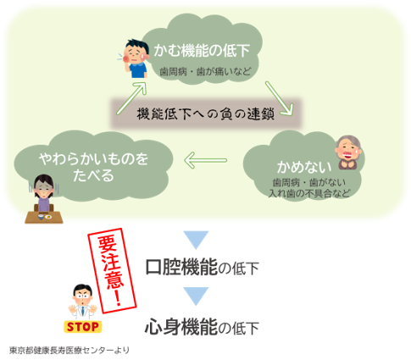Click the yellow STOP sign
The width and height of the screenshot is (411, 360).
coord(82,327)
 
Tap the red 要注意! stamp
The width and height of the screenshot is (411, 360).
coord(112,270)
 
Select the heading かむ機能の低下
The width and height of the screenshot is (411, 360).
coord(202,51)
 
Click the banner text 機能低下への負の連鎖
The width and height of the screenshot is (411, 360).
coord(206,114)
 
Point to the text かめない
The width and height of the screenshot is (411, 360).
coord(304,167)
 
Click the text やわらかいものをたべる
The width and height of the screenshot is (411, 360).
coord(93,167)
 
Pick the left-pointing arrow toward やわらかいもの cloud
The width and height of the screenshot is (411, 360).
coord(205,160)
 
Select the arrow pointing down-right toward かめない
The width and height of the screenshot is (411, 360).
coord(280,98)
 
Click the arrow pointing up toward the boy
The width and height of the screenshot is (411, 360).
coord(131,98)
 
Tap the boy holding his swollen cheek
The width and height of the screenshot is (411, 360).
coord(135,58)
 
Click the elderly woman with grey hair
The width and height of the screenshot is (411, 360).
coord(347,152)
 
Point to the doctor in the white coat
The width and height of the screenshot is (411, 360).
coord(83,302)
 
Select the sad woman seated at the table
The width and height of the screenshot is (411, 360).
coord(44,199)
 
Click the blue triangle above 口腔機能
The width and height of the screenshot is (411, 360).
coord(196,240)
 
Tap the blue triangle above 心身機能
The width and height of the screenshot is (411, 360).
coord(196,296)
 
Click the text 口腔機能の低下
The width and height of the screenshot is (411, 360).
coord(202,267)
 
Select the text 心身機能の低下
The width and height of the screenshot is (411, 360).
coord(202,326)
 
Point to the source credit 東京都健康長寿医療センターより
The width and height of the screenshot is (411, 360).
coord(69,351)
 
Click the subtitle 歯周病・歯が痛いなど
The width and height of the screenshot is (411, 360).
coord(205,71)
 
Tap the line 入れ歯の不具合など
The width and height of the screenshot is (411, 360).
coord(309,193)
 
